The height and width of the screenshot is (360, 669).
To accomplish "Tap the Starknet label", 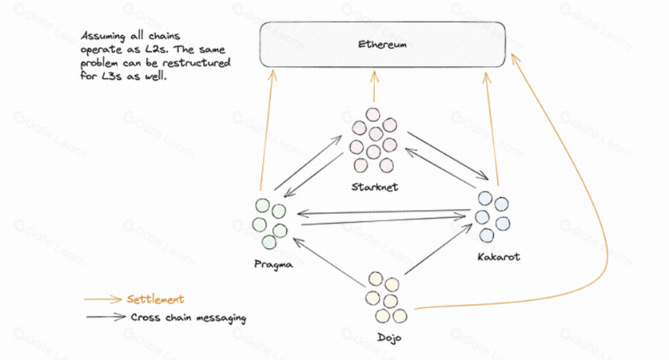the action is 375,187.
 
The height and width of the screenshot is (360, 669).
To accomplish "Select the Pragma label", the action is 274,264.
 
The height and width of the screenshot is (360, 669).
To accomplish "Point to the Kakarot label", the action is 499,257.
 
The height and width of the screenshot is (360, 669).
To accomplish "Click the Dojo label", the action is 389,337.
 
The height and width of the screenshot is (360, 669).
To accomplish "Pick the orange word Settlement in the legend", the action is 156,299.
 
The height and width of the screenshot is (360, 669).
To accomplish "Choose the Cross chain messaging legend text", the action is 188,318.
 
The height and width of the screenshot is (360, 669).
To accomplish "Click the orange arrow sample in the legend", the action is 103,299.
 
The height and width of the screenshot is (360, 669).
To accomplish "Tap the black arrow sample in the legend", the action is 106,317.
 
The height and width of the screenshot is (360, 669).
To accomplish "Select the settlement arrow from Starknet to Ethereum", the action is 374,86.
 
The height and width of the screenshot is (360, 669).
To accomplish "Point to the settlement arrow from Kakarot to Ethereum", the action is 491,129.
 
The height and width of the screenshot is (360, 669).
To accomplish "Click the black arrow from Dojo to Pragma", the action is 328,262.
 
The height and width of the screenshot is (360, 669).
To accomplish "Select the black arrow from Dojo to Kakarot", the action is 438,249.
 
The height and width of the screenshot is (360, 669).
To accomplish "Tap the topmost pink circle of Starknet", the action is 373,114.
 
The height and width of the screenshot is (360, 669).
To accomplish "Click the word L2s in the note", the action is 157,50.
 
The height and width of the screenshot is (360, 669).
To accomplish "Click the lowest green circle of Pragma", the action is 269,243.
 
